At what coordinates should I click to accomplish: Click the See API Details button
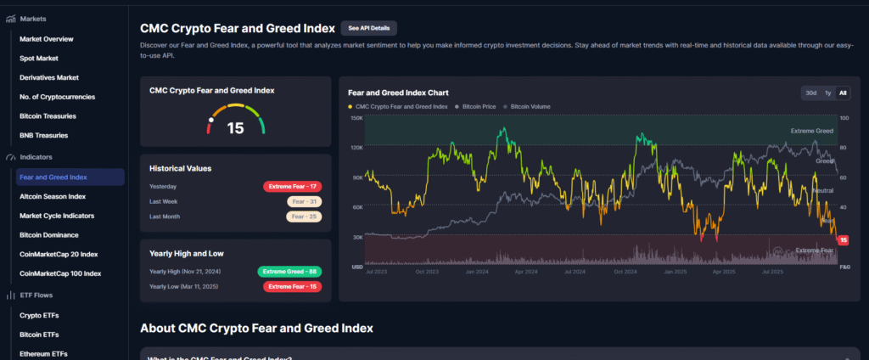point(368,28)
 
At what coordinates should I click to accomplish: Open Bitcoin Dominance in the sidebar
point(49,235)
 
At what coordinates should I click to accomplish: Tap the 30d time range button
point(811,93)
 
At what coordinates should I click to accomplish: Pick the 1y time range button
point(828,93)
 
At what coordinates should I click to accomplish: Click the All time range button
point(843,93)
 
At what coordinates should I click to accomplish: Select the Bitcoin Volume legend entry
point(529,107)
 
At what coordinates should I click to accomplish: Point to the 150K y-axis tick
point(356,118)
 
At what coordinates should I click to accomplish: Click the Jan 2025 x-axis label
point(676,273)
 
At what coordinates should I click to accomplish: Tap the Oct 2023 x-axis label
point(427,273)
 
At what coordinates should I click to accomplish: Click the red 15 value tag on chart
point(844,240)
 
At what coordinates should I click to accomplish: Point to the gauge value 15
point(235,128)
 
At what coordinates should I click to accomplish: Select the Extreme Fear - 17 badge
point(292,186)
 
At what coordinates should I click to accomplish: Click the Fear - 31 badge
point(304,201)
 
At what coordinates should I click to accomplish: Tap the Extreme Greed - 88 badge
point(289,272)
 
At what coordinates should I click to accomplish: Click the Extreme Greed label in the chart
point(811,132)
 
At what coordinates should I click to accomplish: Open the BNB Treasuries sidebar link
point(44,135)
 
